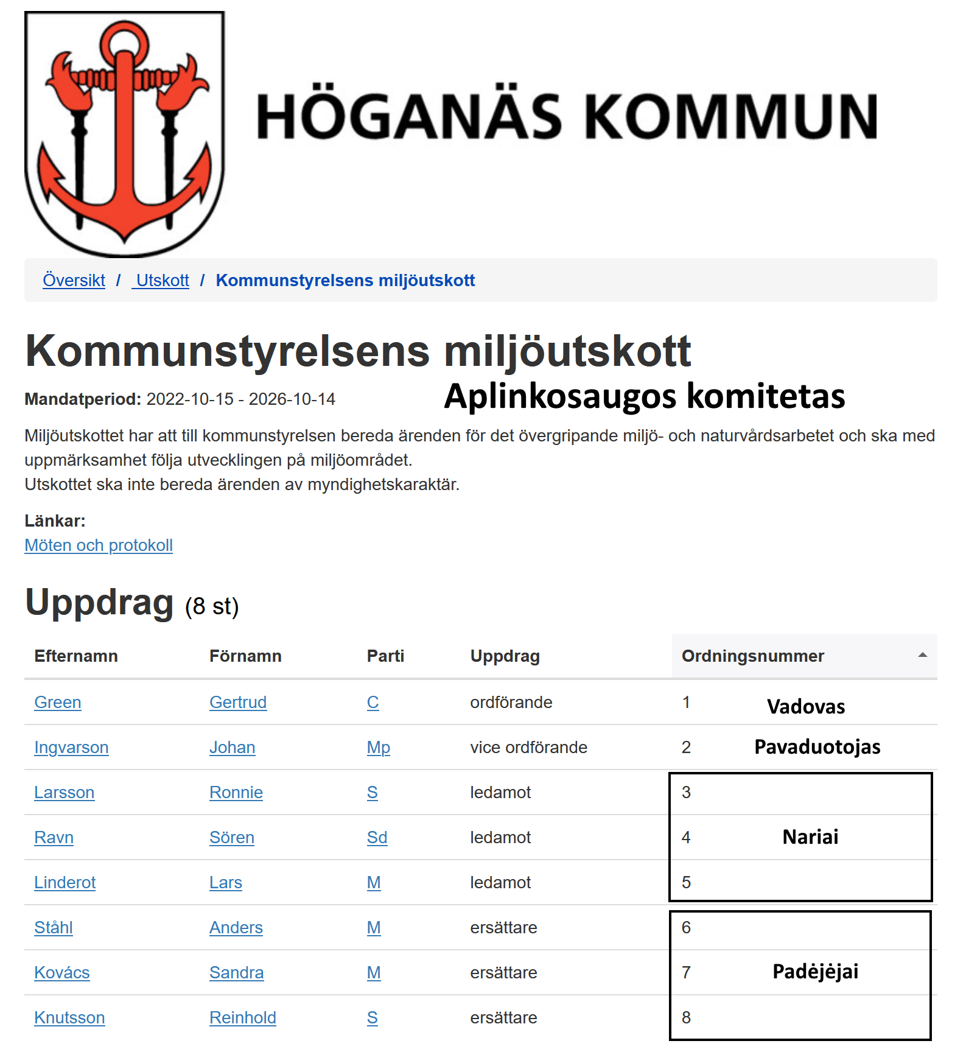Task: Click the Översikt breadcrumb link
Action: [x=74, y=280]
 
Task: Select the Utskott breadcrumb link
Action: [x=162, y=280]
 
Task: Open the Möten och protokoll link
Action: [x=99, y=545]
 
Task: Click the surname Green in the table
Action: [x=58, y=702]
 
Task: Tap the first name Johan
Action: [x=232, y=747]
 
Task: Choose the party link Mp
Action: [x=378, y=747]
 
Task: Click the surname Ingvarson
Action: [x=71, y=747]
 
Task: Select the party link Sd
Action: [x=377, y=837]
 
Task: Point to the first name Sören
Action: [x=231, y=837]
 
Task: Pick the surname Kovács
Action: [x=62, y=972]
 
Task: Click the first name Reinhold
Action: [x=242, y=1017]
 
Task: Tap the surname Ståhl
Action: [x=54, y=927]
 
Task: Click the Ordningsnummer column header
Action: [x=753, y=656]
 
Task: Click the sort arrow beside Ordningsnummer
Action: [x=922, y=655]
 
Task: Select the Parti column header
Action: [x=385, y=656]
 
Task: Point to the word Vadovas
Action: [x=806, y=706]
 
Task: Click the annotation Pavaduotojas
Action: [x=817, y=746]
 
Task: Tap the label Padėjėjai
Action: [x=815, y=971]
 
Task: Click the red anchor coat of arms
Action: [x=125, y=134]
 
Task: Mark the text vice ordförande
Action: [x=528, y=747]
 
